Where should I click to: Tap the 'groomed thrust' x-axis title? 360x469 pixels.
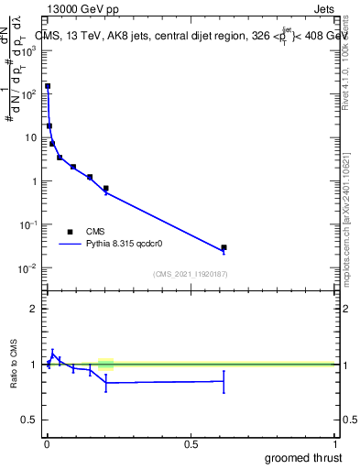click(x=302, y=457)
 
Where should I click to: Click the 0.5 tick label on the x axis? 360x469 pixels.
click(x=191, y=444)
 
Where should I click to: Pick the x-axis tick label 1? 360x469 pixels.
click(x=336, y=444)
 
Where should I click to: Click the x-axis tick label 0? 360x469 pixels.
click(x=47, y=444)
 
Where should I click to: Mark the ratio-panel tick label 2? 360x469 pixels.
click(x=34, y=309)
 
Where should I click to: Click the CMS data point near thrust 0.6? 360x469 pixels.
click(x=224, y=247)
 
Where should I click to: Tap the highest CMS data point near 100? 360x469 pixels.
click(x=48, y=86)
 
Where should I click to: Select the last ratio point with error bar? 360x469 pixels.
click(x=224, y=381)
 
